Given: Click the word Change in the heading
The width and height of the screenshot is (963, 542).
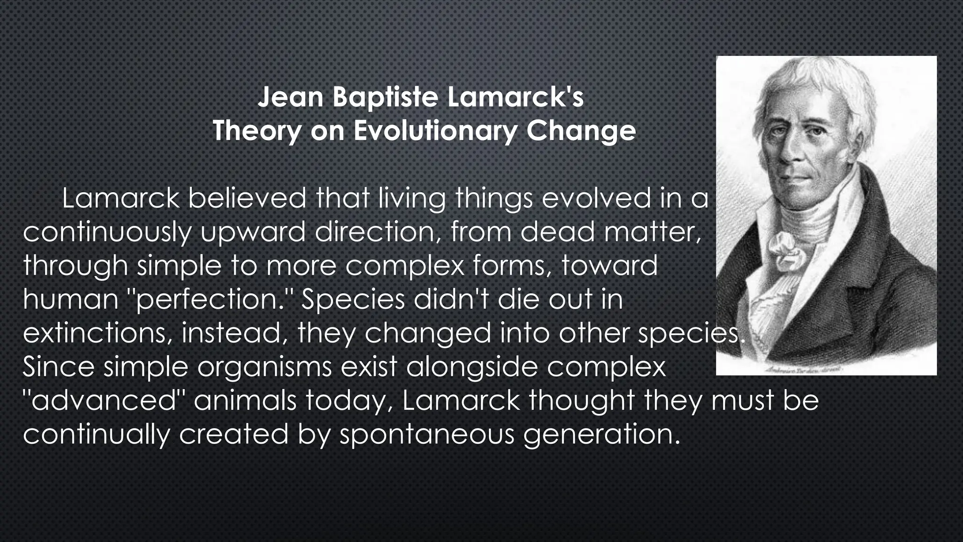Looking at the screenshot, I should tap(581, 131).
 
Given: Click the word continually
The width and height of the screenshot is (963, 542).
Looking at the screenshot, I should tap(96, 435).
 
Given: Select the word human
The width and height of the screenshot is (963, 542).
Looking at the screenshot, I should tap(71, 300).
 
